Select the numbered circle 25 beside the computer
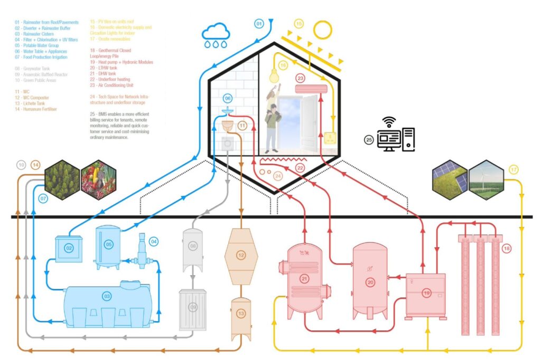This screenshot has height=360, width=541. point(369,140)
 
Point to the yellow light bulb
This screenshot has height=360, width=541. point(274,75)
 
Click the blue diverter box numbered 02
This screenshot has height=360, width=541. point(69,248)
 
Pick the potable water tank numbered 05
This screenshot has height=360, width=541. point(108,245)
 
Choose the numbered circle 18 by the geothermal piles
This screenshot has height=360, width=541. point(507,248)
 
